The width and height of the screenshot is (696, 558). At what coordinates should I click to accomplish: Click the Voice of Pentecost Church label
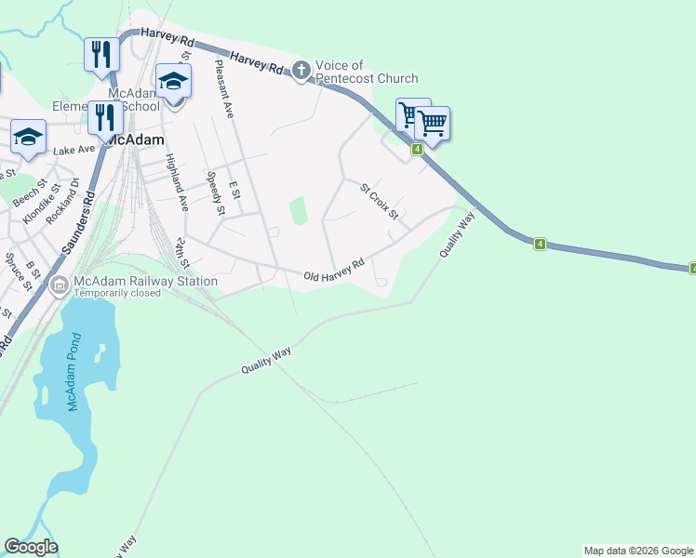click(x=367, y=72)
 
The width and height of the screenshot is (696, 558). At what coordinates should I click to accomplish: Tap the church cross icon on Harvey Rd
click(x=301, y=70)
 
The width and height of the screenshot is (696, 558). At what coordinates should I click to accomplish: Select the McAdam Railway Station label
click(x=146, y=281)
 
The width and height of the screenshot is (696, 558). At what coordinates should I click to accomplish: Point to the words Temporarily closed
click(x=117, y=293)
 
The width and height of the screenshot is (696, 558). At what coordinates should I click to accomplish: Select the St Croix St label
click(x=379, y=201)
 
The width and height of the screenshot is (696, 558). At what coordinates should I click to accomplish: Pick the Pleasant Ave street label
click(x=224, y=87)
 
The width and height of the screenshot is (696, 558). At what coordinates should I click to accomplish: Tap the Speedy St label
click(x=215, y=193)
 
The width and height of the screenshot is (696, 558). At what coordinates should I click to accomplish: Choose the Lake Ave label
click(x=74, y=150)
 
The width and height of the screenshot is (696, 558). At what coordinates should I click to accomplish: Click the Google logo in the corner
click(x=31, y=547)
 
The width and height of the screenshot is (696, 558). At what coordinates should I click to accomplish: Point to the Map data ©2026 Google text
click(x=638, y=551)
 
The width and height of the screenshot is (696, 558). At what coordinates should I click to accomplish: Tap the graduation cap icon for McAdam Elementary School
click(x=173, y=81)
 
